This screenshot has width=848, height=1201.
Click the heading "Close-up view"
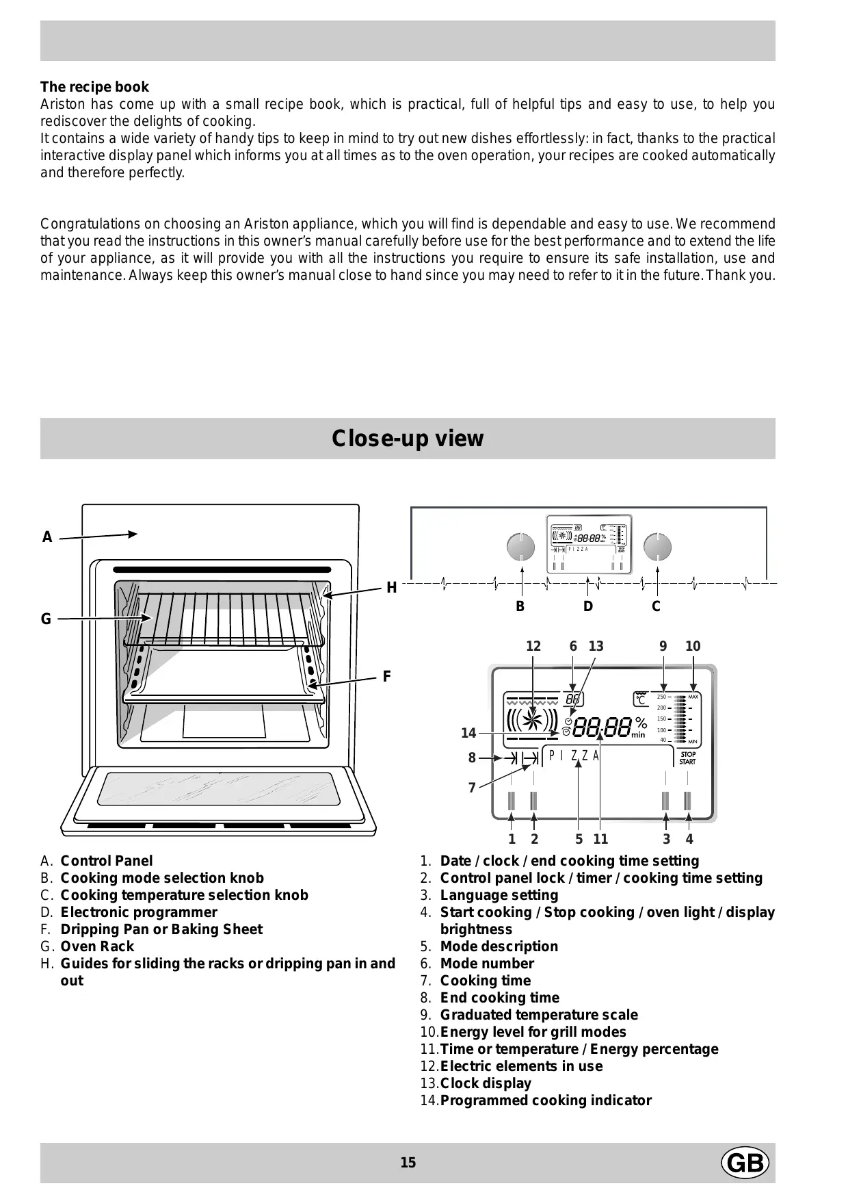point(408,439)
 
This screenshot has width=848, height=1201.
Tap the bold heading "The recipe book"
point(94,87)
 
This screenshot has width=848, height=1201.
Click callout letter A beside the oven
point(47,538)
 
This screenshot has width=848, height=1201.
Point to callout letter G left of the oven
point(46,619)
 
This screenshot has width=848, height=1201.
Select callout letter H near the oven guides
point(392,588)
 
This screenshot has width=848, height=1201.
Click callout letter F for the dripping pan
point(387,677)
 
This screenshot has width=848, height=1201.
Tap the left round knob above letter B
point(521,547)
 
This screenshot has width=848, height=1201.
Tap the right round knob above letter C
point(658,547)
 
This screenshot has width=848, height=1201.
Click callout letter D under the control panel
point(588,606)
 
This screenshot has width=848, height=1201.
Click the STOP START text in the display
point(687,758)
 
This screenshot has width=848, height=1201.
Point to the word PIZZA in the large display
point(574,756)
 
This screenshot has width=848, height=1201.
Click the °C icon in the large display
point(640,699)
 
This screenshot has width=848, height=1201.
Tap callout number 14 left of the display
point(468,734)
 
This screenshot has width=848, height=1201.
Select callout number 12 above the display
point(533,647)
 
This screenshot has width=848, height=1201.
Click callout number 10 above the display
point(693,647)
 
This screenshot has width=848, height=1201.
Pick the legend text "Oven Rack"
point(97,946)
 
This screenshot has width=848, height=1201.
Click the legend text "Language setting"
point(499,895)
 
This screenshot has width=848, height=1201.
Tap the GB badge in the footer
point(745,1163)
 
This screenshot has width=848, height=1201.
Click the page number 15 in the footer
point(408,1163)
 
